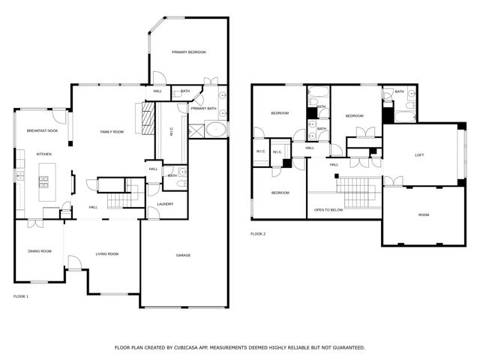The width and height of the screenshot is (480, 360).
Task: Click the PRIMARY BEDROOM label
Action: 188,52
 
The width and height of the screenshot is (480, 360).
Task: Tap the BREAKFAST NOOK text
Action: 42,130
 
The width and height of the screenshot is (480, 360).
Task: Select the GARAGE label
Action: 183,255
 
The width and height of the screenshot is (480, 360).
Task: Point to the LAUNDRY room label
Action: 166,203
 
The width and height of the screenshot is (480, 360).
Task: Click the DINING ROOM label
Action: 40,251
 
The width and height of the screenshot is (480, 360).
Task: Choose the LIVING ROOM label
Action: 107,253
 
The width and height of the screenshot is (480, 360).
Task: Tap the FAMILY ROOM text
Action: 112,132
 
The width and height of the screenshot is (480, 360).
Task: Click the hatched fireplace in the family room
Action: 148,117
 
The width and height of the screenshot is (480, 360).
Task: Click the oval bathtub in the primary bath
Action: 216,130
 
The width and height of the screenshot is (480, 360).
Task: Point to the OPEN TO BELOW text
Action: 328,210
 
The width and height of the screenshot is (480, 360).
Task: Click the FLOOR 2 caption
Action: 258,234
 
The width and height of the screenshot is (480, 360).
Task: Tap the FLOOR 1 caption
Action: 21,296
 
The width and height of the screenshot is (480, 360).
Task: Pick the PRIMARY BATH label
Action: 203,109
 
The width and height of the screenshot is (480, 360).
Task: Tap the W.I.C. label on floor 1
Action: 171,131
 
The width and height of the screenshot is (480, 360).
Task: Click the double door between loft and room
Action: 393,181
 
